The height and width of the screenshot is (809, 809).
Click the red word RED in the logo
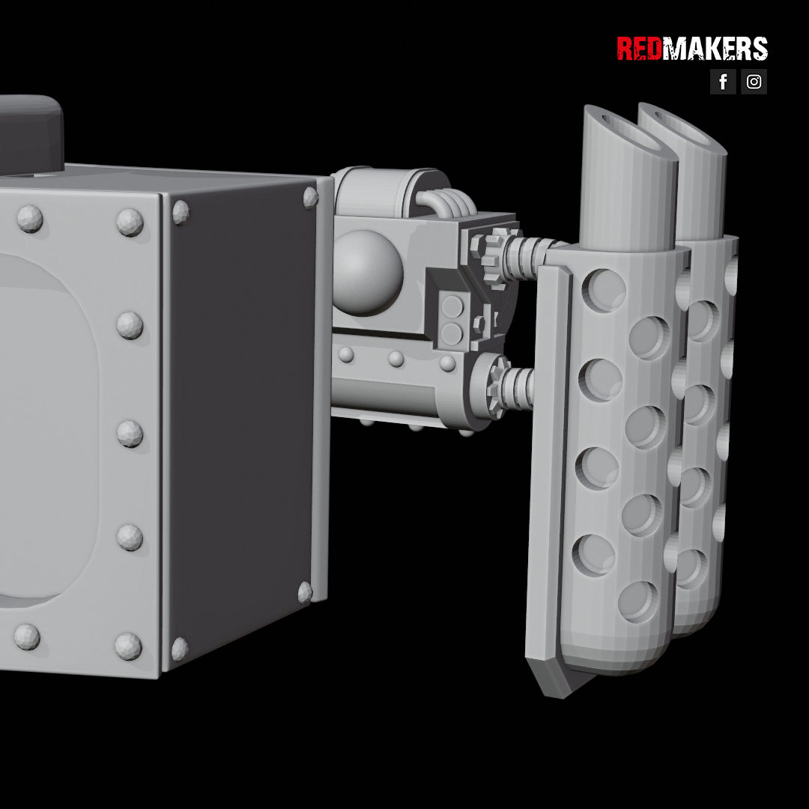pyautogui.click(x=639, y=49)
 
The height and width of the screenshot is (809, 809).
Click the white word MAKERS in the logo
pyautogui.click(x=715, y=49)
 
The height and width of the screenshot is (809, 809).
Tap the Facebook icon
pyautogui.click(x=723, y=82)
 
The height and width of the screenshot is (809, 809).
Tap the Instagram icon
pyautogui.click(x=754, y=82)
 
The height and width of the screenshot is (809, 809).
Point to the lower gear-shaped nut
pyautogui.click(x=494, y=387)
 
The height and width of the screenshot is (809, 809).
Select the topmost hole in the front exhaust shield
pyautogui.click(x=604, y=290)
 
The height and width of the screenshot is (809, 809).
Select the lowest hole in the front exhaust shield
pyautogui.click(x=638, y=602)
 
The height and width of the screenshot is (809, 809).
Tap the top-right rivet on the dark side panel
pyautogui.click(x=311, y=198)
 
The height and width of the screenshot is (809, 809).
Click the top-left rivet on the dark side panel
pyautogui.click(x=181, y=212)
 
